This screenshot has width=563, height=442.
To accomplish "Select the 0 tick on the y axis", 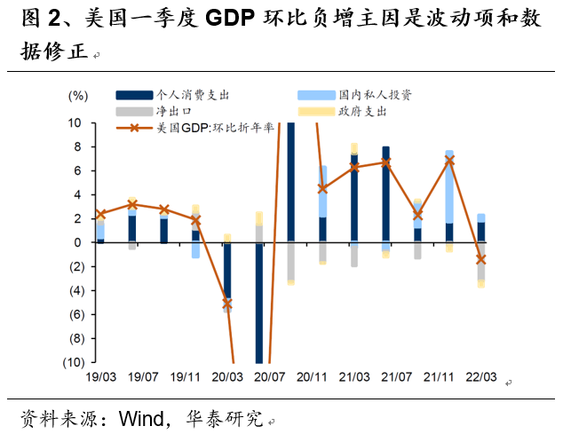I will pyautogui.click(x=78, y=242).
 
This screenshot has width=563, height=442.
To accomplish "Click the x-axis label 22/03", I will pyautogui.click(x=480, y=377).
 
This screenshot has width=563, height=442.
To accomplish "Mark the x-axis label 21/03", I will pyautogui.click(x=354, y=377).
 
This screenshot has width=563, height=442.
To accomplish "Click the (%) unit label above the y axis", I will pyautogui.click(x=78, y=95).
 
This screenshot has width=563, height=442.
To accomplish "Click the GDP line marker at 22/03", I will pyautogui.click(x=480, y=259).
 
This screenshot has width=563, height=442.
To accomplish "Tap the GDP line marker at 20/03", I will pyautogui.click(x=227, y=304).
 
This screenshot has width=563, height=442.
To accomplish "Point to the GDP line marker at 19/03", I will pyautogui.click(x=100, y=214).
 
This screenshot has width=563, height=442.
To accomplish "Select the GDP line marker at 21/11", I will pyautogui.click(x=449, y=160).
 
